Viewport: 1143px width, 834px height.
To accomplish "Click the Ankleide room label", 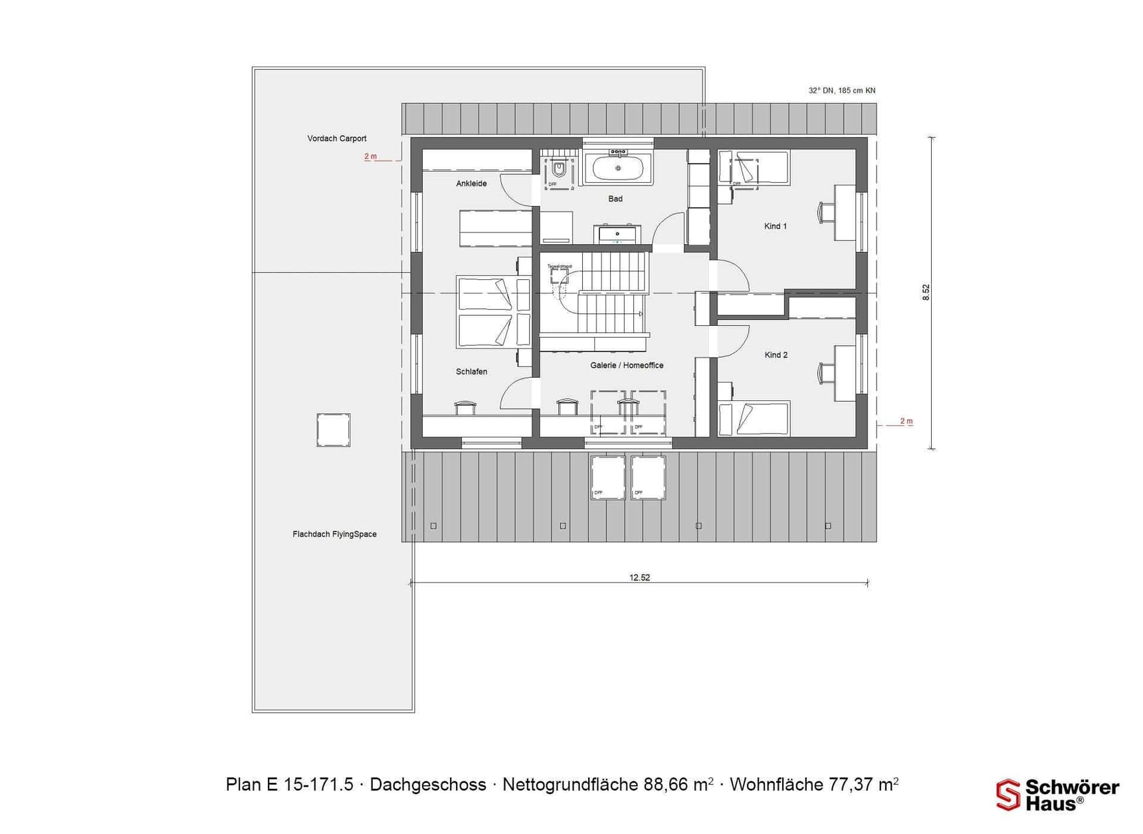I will click(x=471, y=184).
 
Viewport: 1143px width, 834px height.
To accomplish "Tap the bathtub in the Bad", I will click(x=618, y=168).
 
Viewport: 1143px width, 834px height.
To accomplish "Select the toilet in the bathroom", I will click(x=559, y=170).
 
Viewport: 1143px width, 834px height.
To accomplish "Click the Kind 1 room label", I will click(x=775, y=226).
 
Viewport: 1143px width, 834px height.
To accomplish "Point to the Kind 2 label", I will click(x=776, y=355).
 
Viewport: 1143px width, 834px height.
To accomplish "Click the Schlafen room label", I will click(x=471, y=372).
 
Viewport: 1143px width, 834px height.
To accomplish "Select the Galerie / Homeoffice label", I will click(x=627, y=366).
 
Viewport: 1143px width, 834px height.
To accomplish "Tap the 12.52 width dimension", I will click(x=639, y=577).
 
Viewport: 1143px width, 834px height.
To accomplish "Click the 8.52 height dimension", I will click(x=926, y=293).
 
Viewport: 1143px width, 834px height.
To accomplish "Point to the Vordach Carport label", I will click(x=337, y=138).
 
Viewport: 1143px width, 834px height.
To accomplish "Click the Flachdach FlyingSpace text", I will click(x=334, y=534).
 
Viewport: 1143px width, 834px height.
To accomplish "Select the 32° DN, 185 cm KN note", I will click(x=841, y=90).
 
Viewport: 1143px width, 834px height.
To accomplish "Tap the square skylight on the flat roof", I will click(x=333, y=430).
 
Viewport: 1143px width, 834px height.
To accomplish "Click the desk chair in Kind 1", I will click(x=825, y=212).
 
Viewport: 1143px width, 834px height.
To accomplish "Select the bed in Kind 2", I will click(x=754, y=418).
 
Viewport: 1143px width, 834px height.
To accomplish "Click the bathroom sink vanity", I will click(x=617, y=235).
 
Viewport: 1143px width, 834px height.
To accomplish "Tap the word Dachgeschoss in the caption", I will click(x=427, y=785).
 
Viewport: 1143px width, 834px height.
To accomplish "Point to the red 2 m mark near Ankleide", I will click(x=370, y=156).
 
